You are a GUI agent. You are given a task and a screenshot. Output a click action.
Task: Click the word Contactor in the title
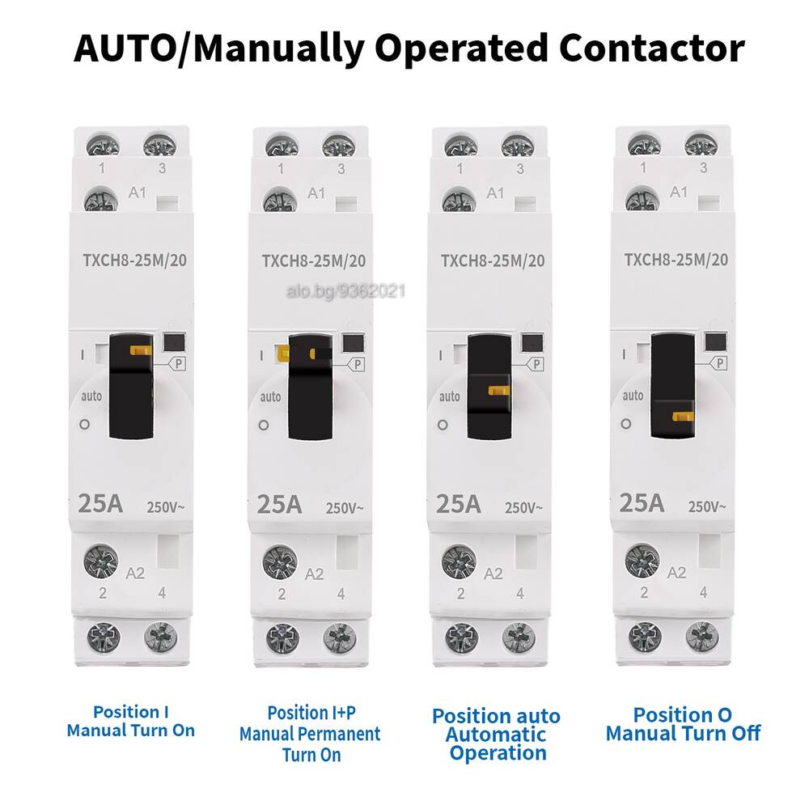(651, 48)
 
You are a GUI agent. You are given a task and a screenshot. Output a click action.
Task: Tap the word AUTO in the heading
(125, 48)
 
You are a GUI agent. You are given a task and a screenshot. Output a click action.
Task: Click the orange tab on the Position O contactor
(683, 417)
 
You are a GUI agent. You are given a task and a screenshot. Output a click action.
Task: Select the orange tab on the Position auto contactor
(499, 391)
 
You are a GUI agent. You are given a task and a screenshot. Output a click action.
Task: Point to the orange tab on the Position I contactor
(141, 350)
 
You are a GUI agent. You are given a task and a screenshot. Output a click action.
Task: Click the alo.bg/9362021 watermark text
(345, 291)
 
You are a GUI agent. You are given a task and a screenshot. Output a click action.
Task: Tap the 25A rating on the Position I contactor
(100, 503)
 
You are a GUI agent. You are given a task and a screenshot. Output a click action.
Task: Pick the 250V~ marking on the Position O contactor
(707, 506)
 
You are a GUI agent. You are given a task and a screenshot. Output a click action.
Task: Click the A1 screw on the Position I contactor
(100, 200)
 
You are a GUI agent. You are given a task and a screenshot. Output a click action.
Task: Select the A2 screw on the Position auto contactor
(460, 561)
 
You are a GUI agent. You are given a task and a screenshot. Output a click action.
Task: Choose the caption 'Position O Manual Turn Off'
(683, 724)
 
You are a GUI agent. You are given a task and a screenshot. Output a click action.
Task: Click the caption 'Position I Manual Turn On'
(131, 722)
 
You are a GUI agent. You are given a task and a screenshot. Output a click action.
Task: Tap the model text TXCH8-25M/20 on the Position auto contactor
(493, 260)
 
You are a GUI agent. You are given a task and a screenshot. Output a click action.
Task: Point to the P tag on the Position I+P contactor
(357, 364)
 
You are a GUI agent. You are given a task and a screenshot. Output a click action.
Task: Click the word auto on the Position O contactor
(633, 396)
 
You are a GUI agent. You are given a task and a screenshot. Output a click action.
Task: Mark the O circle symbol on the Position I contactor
(85, 424)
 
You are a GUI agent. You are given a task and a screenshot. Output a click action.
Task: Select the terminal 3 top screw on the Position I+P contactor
(338, 146)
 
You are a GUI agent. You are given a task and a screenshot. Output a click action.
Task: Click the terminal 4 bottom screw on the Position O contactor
(702, 637)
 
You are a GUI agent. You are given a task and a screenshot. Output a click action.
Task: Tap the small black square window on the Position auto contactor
(532, 342)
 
